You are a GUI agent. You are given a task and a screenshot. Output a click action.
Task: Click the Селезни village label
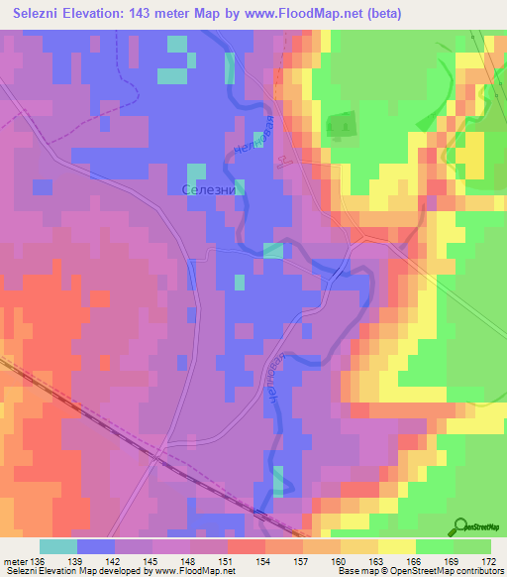click(x=213, y=188)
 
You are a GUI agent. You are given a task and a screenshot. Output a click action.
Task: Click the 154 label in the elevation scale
click(x=264, y=560)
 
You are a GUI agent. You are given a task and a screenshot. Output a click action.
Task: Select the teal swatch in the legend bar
click(x=58, y=546)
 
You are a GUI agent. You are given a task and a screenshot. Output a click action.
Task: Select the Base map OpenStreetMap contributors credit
click(x=420, y=571)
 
